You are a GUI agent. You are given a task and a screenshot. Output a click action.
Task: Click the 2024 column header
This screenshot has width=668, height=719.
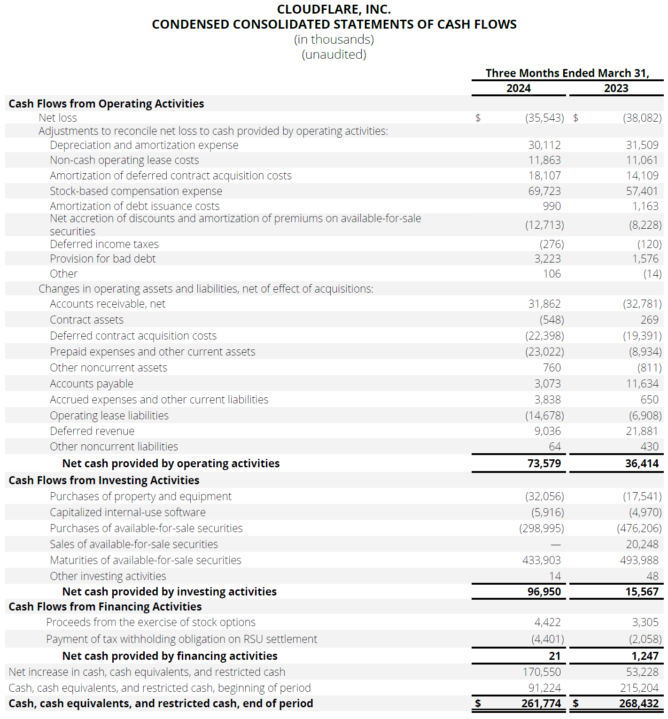(x=518, y=88)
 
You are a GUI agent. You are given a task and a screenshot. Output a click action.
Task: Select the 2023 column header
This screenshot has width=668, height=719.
(x=616, y=88)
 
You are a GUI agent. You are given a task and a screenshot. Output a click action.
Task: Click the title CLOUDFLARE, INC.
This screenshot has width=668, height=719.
(x=334, y=9)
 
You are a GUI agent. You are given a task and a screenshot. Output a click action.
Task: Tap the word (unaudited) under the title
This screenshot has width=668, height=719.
(x=334, y=54)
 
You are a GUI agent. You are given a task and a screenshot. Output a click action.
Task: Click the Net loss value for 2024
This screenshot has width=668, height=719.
(x=544, y=118)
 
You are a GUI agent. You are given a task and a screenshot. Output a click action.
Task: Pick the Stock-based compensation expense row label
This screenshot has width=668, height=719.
(x=136, y=191)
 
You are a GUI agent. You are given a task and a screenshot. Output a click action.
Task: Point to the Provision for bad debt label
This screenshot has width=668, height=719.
(x=102, y=259)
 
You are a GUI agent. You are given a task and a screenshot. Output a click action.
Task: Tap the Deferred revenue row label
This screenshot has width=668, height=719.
(x=92, y=431)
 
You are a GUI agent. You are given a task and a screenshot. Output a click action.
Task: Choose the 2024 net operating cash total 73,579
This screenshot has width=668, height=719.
(x=544, y=464)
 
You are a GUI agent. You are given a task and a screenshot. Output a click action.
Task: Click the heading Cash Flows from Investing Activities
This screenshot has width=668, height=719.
(x=104, y=480)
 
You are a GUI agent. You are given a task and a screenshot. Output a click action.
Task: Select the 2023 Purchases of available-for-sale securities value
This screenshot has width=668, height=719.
(x=639, y=528)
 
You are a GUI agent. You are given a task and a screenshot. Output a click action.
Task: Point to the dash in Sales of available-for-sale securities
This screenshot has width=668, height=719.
(x=555, y=545)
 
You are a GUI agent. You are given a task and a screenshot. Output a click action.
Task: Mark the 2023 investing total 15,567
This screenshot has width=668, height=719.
(x=642, y=592)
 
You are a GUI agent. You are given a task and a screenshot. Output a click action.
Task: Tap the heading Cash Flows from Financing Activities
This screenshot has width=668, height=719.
(x=105, y=607)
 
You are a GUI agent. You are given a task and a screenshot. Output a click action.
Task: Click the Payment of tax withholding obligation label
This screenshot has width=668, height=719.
(x=181, y=639)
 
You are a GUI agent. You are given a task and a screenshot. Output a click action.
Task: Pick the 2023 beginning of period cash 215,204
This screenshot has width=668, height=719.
(x=639, y=688)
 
